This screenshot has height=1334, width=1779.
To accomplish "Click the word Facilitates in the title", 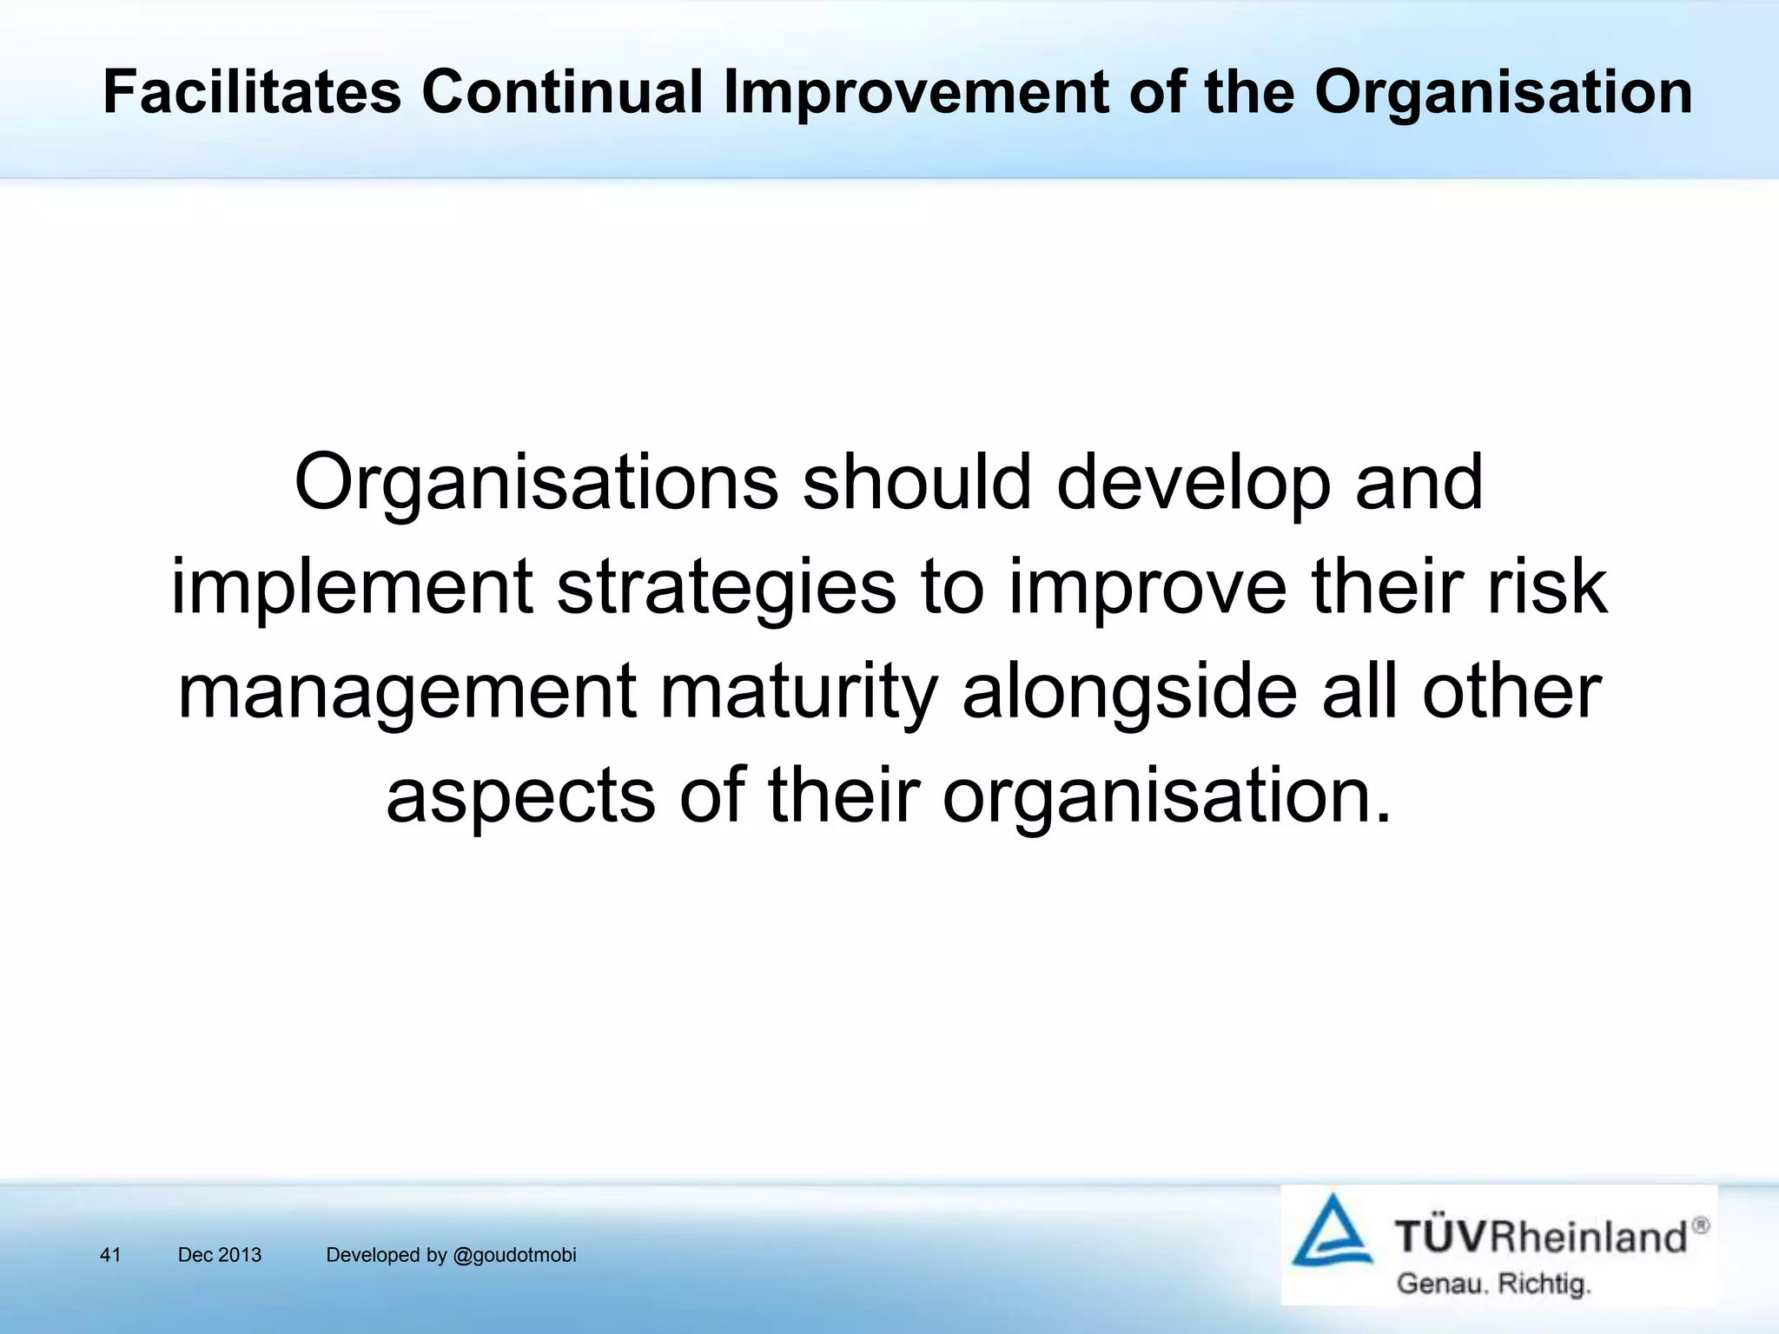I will [x=252, y=92].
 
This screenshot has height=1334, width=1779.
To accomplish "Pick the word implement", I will [x=351, y=587].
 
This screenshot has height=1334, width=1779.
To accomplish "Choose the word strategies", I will [x=726, y=587].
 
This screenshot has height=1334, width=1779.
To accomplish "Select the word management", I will [x=407, y=693].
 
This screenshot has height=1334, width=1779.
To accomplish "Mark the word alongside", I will [x=1129, y=693].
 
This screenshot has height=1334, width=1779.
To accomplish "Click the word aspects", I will [x=520, y=797].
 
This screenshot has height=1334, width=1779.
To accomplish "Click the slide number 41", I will [x=110, y=1255].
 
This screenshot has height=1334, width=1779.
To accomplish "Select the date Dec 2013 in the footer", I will [x=220, y=1255].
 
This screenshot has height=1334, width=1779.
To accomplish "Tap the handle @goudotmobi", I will [x=515, y=1255].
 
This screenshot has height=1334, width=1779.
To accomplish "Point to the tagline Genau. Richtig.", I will [x=1493, y=1284].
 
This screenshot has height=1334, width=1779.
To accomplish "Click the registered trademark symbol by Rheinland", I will [x=1700, y=1225].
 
